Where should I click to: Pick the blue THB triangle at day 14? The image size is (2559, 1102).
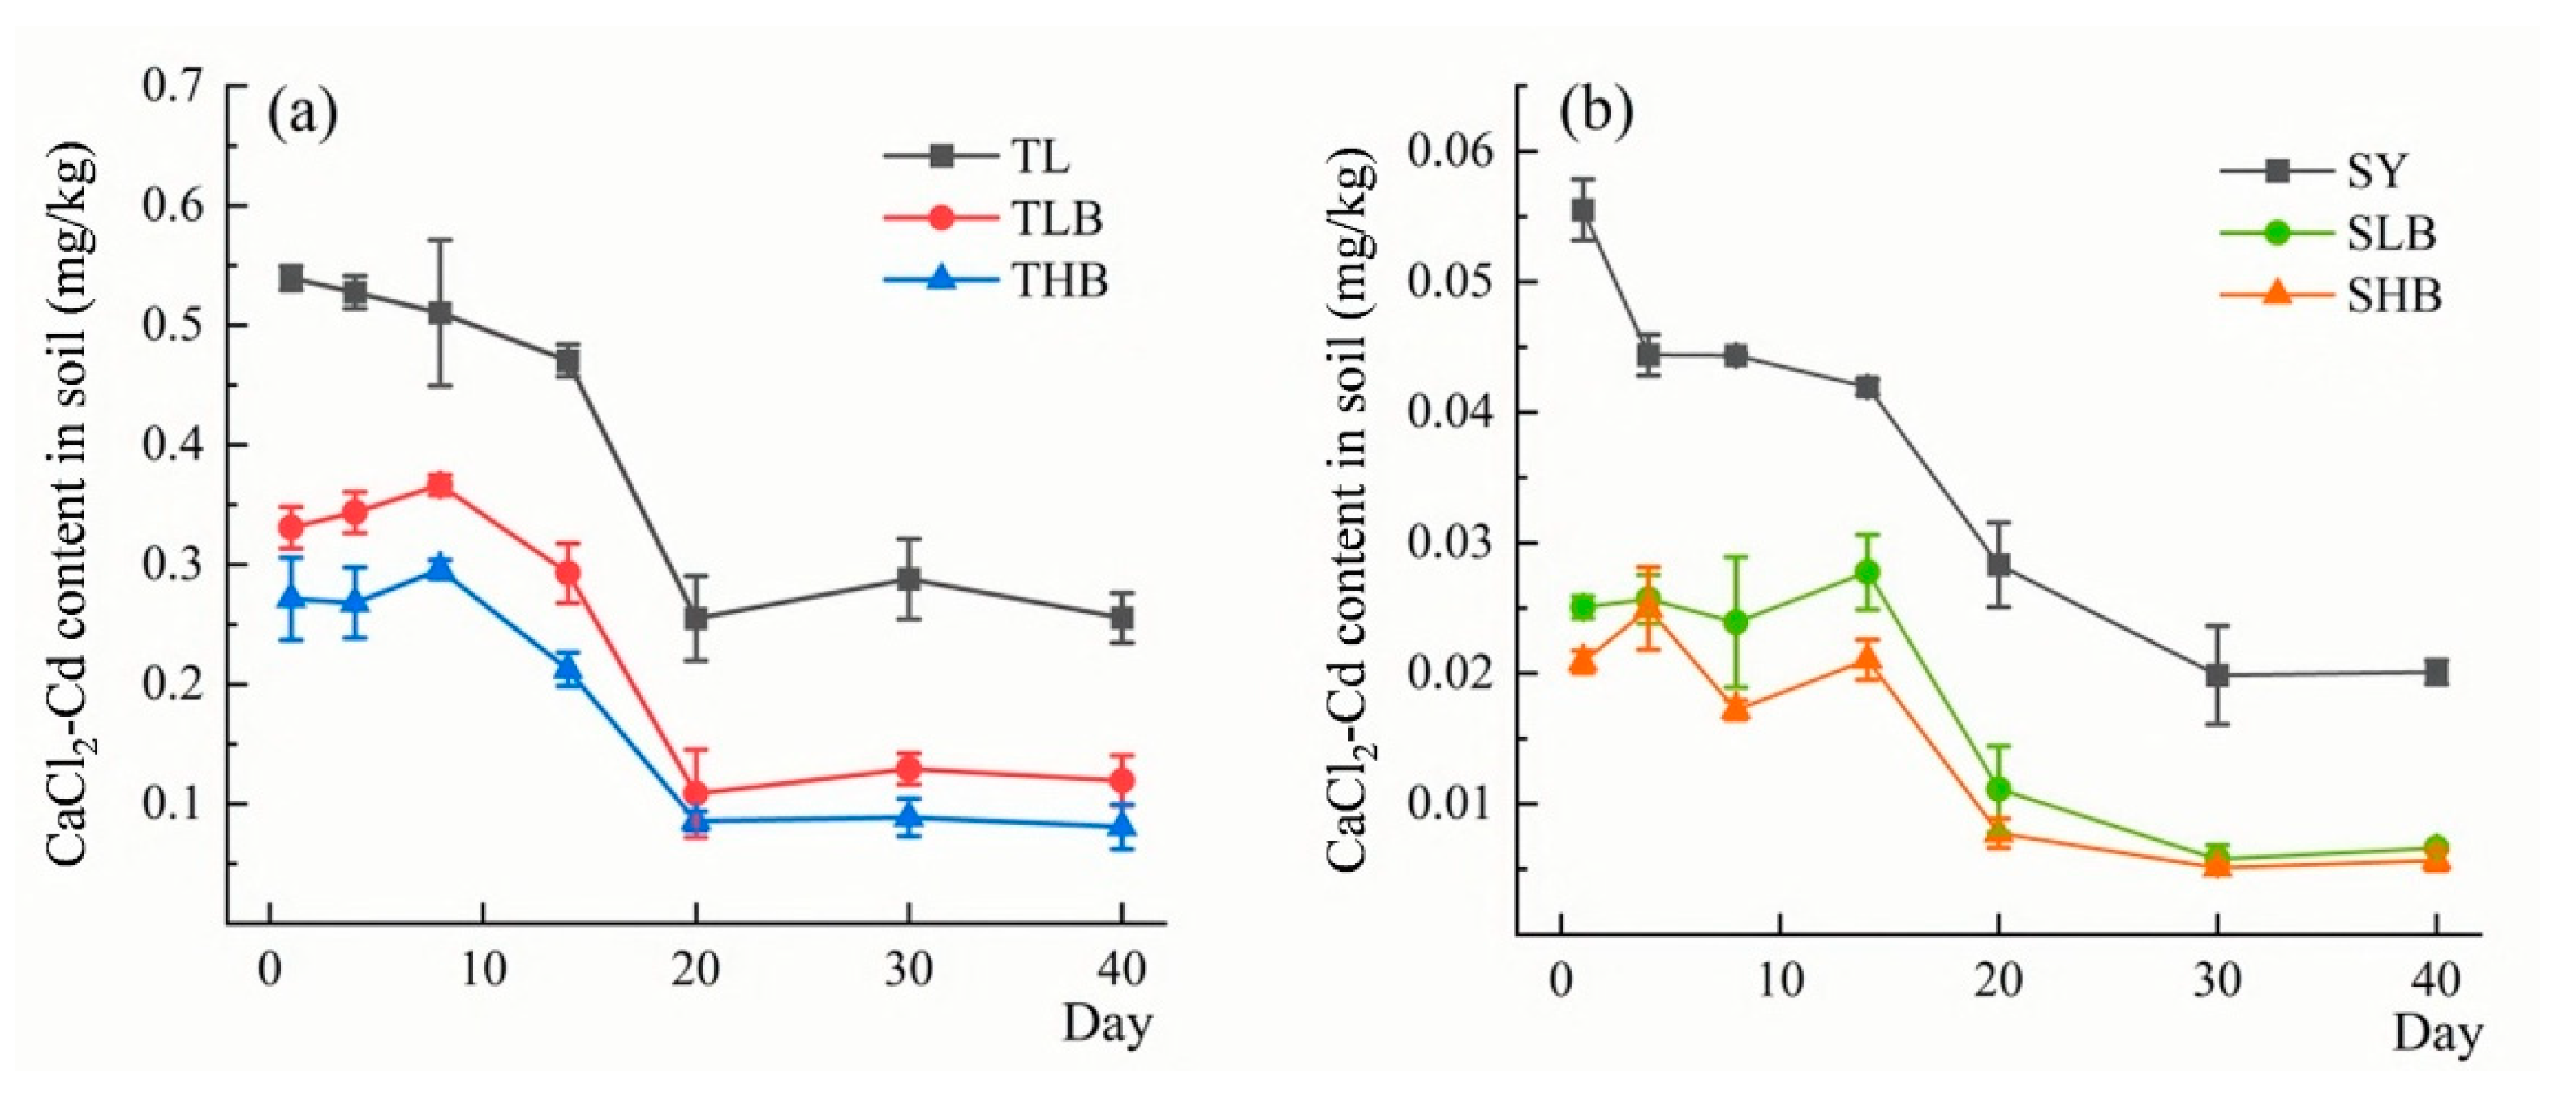click(568, 669)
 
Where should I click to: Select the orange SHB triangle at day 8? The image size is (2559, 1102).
click(1736, 708)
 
